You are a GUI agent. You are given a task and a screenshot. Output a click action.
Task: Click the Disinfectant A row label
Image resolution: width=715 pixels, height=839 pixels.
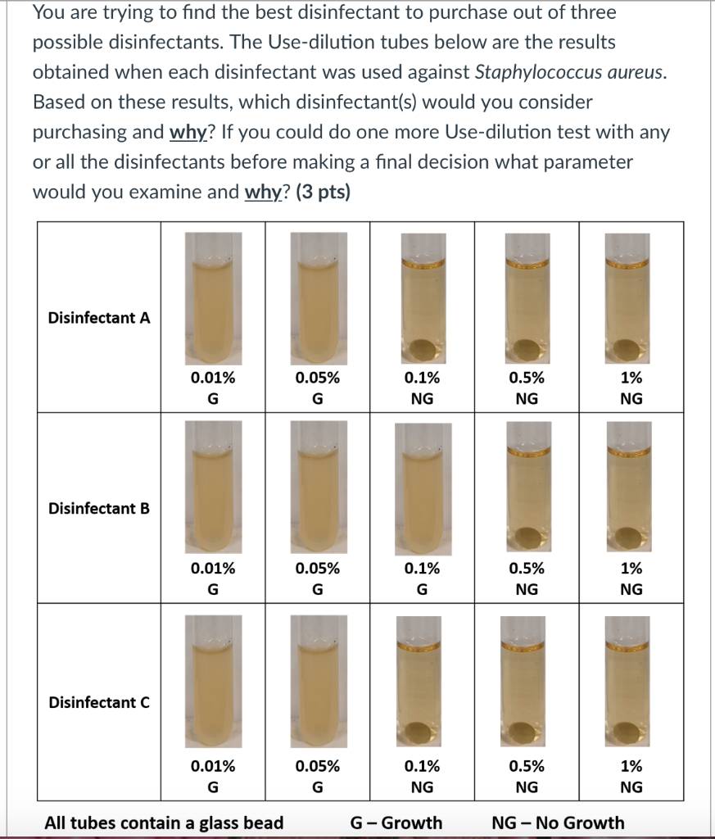click(99, 318)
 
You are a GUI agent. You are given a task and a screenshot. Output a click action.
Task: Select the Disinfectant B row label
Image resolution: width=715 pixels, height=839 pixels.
click(99, 508)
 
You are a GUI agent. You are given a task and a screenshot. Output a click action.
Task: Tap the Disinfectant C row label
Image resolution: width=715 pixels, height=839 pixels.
click(99, 702)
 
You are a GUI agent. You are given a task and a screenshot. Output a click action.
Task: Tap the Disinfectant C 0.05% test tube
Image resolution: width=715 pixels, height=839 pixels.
click(318, 680)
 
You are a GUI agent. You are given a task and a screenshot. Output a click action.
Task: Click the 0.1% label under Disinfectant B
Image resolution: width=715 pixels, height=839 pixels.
click(422, 568)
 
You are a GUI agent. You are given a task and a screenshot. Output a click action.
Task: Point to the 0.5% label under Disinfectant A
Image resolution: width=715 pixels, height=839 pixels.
click(526, 378)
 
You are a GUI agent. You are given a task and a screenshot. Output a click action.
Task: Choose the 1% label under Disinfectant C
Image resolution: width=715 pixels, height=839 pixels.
click(631, 766)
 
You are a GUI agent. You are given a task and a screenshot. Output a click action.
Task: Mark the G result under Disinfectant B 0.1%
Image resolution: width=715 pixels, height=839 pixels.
click(422, 589)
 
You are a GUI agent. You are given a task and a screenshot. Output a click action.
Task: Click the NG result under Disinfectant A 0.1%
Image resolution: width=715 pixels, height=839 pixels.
click(422, 399)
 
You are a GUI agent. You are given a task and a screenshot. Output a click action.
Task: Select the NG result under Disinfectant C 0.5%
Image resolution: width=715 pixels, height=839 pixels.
click(526, 787)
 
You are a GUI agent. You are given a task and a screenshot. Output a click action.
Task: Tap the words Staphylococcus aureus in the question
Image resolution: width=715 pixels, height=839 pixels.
click(570, 72)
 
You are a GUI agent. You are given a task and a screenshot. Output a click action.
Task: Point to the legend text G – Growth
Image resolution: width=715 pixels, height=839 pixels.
click(396, 823)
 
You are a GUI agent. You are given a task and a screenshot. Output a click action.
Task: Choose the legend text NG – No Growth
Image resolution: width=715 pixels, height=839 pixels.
click(558, 823)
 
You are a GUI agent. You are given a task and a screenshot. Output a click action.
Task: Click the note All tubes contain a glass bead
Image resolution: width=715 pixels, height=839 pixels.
click(164, 823)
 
